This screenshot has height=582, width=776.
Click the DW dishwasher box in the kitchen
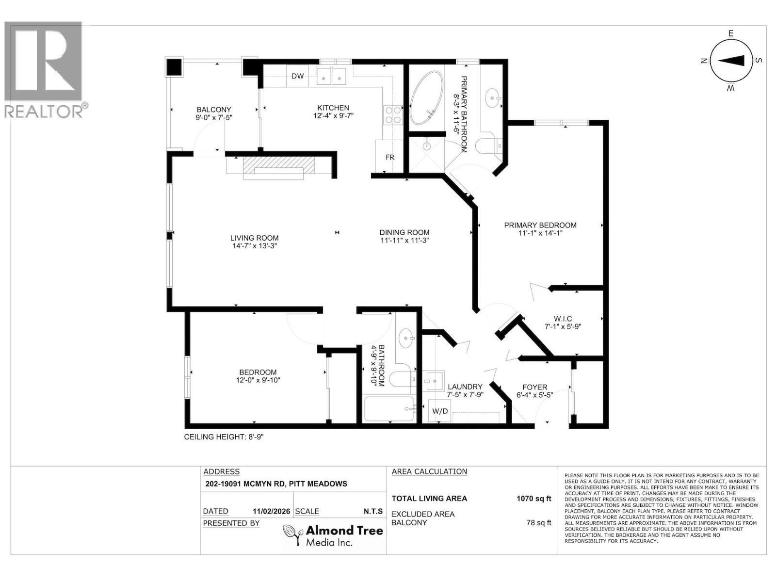(298, 76)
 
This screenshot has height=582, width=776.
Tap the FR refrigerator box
(389, 157)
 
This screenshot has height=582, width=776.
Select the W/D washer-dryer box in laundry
(440, 411)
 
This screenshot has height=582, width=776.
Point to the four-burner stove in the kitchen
(393, 114)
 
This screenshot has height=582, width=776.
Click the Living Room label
(254, 238)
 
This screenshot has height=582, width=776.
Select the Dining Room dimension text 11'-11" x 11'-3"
(404, 240)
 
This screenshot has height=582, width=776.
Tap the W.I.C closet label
(563, 319)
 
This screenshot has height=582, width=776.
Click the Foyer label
(534, 387)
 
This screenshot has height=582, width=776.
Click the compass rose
(730, 61)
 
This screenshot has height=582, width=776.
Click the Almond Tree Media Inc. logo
(333, 535)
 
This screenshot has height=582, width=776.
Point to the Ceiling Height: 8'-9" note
(224, 437)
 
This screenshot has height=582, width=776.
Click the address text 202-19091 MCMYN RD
(275, 484)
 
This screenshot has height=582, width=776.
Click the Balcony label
(213, 110)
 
